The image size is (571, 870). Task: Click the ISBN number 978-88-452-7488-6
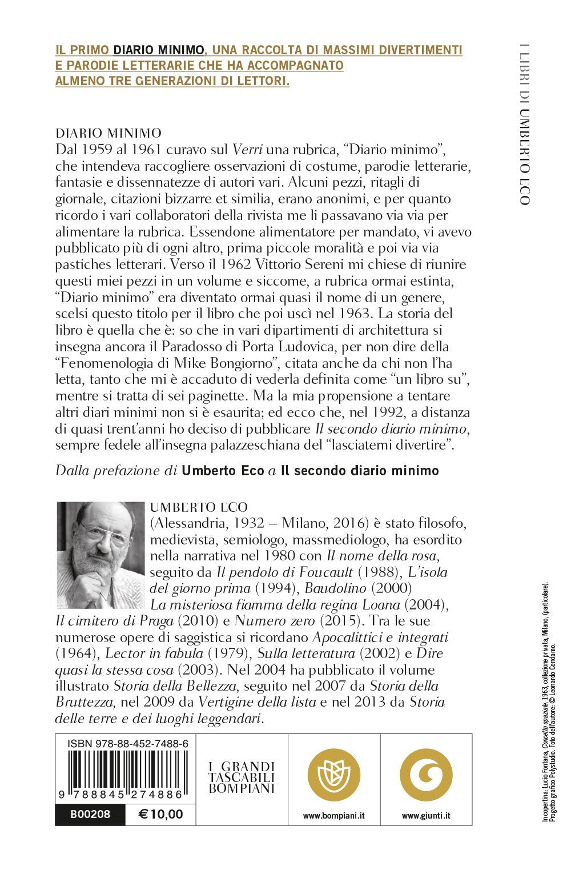click(127, 743)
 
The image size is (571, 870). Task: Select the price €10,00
click(160, 815)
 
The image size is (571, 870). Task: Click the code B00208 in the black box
click(90, 815)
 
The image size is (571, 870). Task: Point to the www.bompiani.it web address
click(333, 816)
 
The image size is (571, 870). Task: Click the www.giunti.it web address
click(426, 816)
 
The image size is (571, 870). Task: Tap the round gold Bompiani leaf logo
click(334, 775)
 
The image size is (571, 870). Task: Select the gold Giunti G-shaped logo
click(426, 775)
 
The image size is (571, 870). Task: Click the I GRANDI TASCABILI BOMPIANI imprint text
click(242, 777)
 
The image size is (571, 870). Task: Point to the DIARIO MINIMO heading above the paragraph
click(108, 133)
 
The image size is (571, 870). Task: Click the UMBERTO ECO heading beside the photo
click(199, 507)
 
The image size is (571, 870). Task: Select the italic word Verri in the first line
click(247, 150)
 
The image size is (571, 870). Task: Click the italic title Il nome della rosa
click(382, 556)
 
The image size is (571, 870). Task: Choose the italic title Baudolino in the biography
click(335, 588)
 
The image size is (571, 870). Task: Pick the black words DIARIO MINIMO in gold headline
click(158, 50)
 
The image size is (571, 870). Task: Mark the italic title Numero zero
click(275, 621)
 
